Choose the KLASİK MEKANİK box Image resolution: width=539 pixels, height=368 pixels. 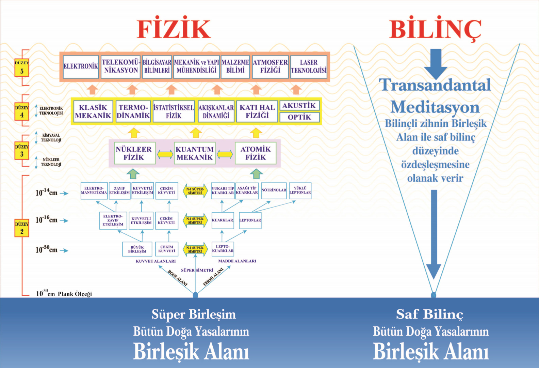[x=93, y=111]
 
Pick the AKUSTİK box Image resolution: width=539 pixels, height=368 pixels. [x=299, y=106]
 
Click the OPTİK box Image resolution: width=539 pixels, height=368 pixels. [x=299, y=117]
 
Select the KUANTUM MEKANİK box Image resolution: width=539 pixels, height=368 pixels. [x=195, y=153]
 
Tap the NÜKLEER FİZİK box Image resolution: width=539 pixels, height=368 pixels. [x=134, y=153]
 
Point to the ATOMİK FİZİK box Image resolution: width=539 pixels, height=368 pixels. [x=256, y=153]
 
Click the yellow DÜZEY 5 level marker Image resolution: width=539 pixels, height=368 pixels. [x=22, y=67]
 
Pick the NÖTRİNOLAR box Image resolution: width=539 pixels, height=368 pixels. [x=274, y=190]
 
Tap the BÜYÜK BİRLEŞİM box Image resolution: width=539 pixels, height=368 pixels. [x=137, y=249]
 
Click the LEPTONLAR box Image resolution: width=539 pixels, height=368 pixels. [x=250, y=220]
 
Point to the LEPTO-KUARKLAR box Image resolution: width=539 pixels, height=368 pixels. [x=223, y=249]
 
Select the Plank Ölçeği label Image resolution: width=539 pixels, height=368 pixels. [x=75, y=294]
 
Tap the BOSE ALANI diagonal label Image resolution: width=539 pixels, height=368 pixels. [x=178, y=278]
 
